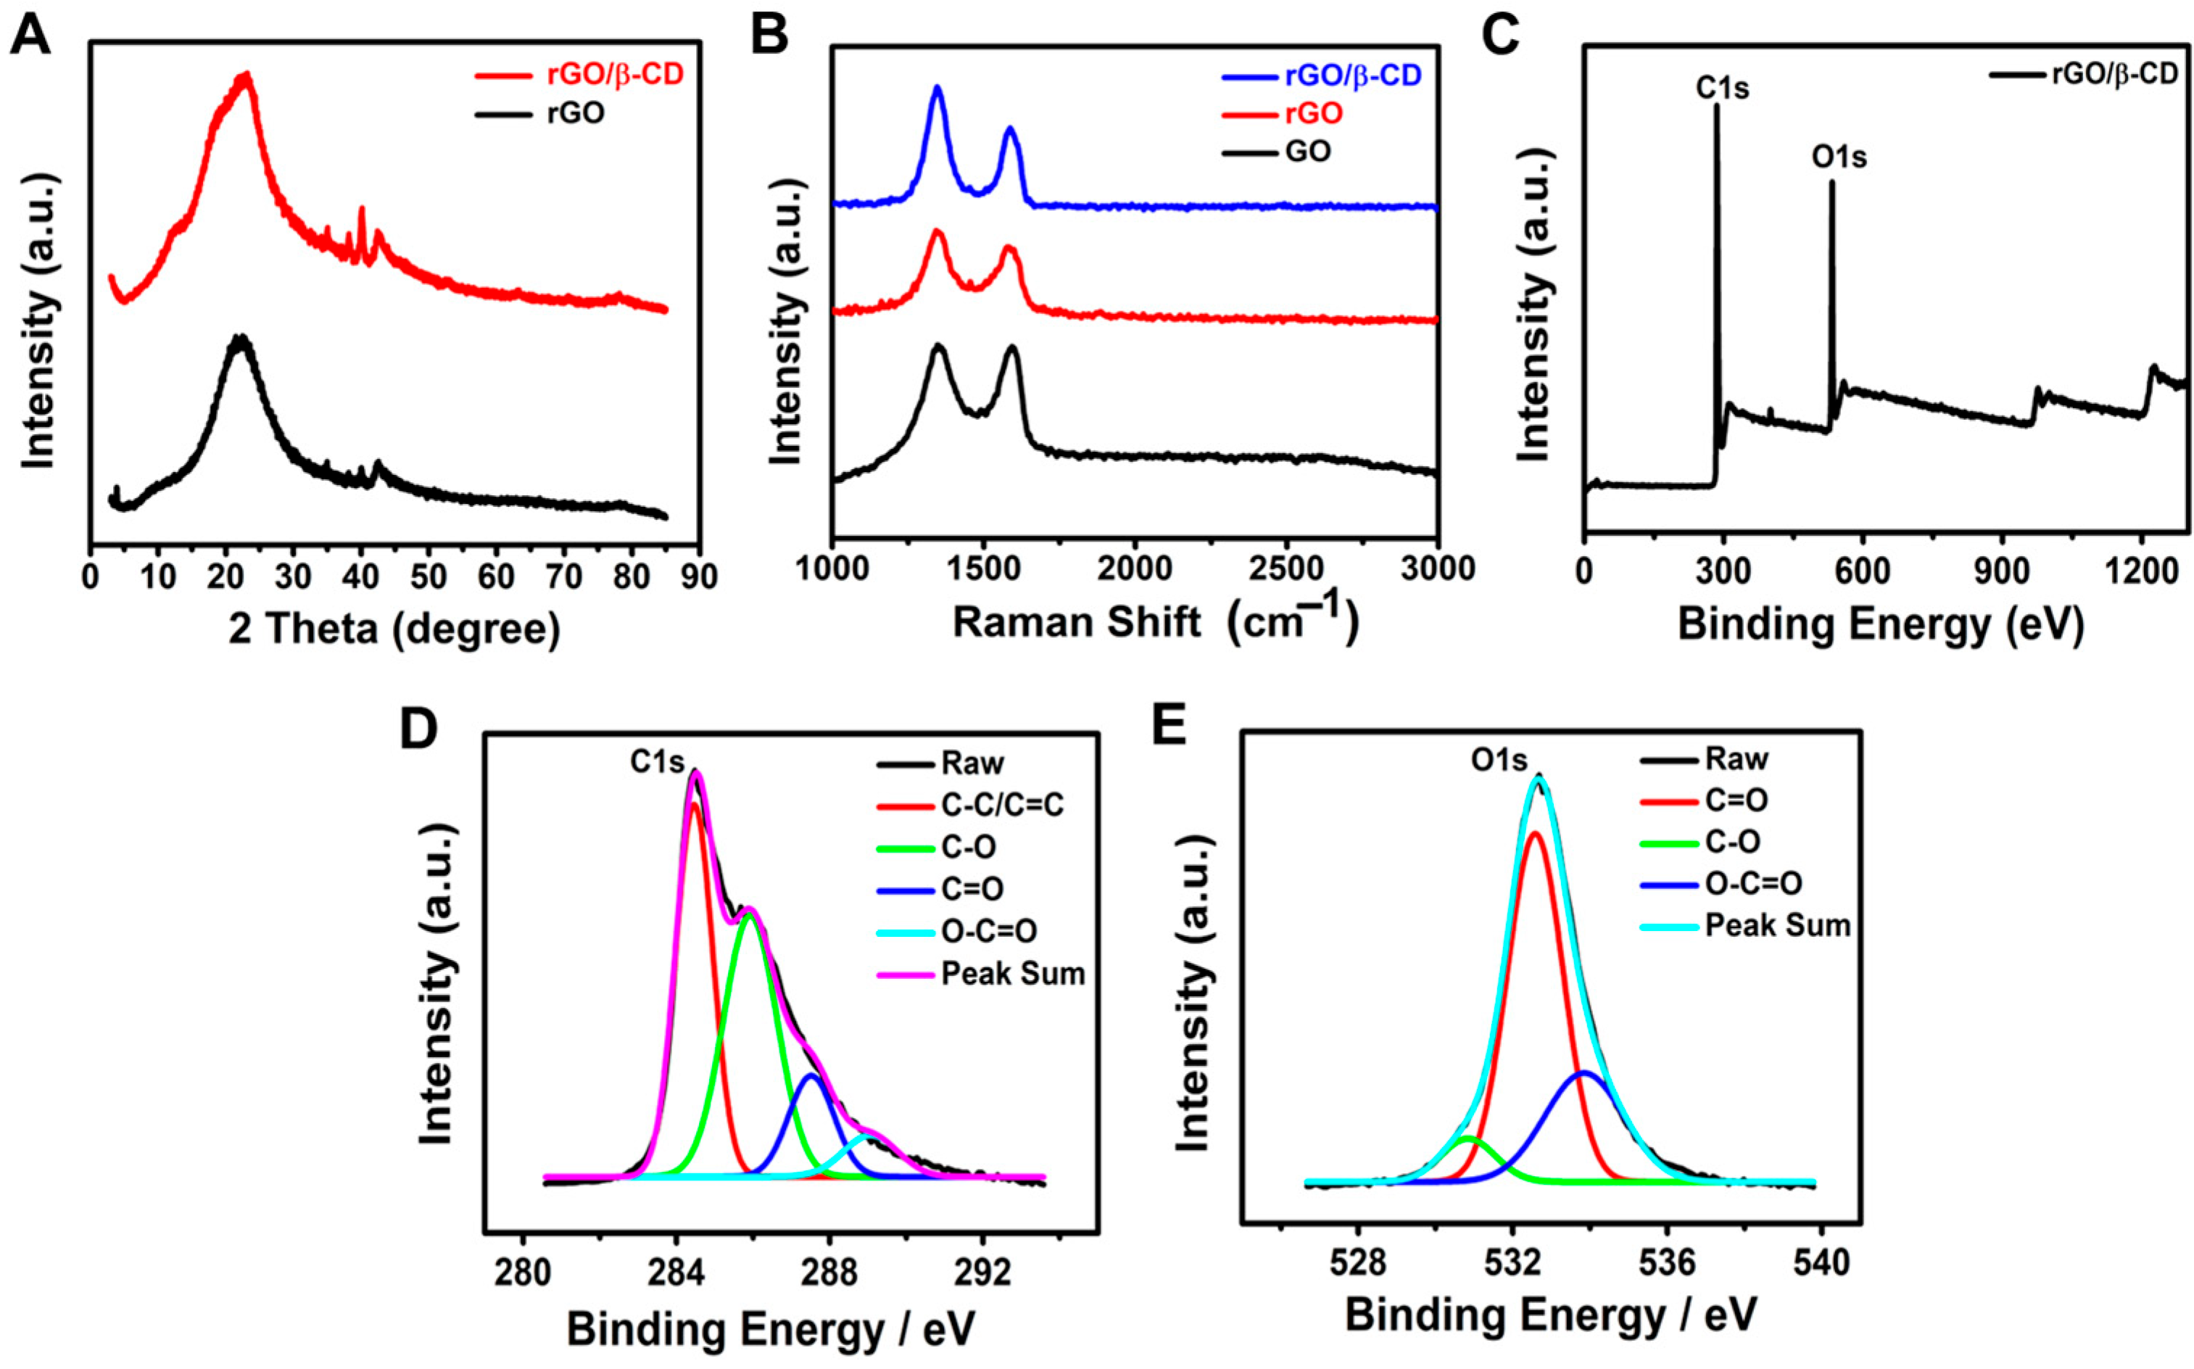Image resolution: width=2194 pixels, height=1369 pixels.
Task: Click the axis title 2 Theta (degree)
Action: [x=394, y=629]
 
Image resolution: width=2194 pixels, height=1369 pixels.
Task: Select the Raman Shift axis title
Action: [x=1155, y=622]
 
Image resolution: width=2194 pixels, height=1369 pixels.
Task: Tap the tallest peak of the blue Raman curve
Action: [x=937, y=88]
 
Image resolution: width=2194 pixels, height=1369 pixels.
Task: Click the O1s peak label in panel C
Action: [x=1838, y=157]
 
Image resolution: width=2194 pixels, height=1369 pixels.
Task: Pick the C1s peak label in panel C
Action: [x=1721, y=88]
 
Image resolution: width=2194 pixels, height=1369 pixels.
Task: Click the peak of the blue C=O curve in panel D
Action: [x=812, y=1075]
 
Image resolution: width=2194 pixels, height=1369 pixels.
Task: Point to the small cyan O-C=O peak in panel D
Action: [x=867, y=1133]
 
